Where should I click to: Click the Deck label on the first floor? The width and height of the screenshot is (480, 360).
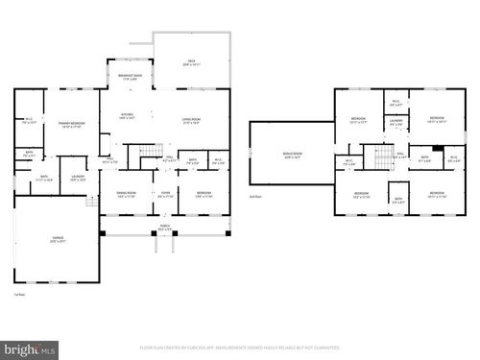[191, 63]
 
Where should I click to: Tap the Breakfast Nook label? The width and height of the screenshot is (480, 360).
[132, 78]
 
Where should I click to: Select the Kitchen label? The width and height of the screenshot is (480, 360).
[126, 116]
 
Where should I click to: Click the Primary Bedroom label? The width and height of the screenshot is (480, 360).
[71, 125]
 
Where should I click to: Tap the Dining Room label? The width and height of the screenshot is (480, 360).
[127, 195]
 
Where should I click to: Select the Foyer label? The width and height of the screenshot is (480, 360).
[165, 195]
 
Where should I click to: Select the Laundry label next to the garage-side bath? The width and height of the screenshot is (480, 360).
[78, 177]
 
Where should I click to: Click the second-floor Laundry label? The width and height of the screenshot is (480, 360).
[396, 123]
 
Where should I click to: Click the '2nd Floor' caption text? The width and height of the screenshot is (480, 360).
[255, 196]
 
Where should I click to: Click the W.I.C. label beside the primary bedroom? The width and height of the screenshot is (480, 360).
[30, 122]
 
